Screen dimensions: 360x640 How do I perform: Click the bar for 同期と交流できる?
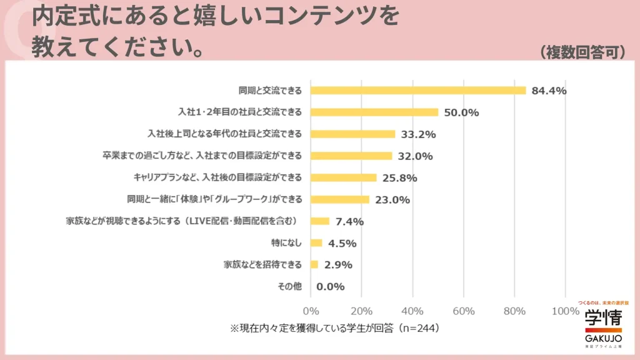point(418,91)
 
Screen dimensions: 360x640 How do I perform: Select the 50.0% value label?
point(461,112)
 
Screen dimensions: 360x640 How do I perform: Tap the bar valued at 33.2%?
point(353,134)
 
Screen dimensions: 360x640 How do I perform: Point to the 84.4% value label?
point(549,91)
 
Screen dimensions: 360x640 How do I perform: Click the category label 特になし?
point(288,242)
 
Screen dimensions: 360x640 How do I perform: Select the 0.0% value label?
point(331,286)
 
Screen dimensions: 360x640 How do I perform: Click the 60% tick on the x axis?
point(464,311)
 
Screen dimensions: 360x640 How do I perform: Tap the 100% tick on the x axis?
point(566,311)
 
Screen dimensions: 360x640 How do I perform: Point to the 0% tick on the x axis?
point(311,311)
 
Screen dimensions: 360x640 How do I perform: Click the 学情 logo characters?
point(603,317)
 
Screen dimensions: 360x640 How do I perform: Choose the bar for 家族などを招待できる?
point(314,264)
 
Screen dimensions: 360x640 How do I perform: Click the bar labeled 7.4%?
point(320,221)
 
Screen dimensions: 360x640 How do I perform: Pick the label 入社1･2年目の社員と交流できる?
point(240,112)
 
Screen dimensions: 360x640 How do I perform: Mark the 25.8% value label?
point(399,177)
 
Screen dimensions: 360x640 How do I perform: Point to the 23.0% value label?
point(392,199)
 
